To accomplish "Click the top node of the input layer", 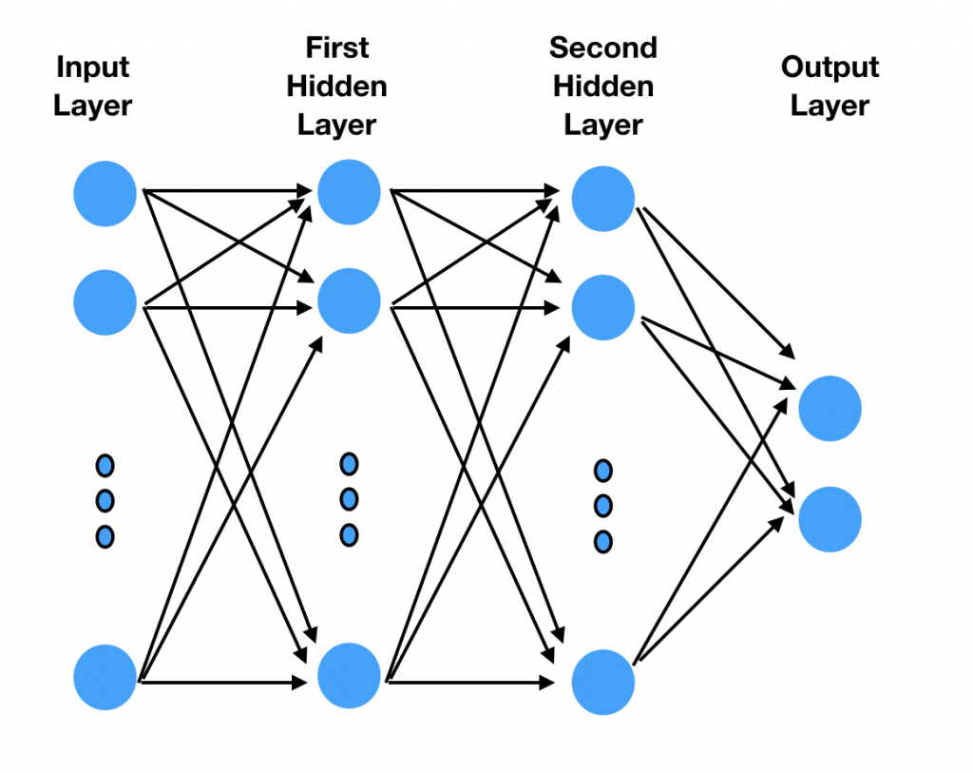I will (x=105, y=194).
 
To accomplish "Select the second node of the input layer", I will (x=105, y=302).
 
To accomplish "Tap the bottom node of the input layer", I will (x=105, y=677).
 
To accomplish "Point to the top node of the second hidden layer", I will (x=602, y=200).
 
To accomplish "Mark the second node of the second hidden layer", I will (x=602, y=307).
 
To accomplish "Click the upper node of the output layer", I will (x=830, y=409).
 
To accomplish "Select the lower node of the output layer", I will (x=830, y=520).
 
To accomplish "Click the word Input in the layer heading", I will (x=93, y=68).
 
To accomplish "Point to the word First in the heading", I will (x=337, y=48).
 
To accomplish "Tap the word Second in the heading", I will (x=603, y=48).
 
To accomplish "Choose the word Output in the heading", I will (x=830, y=68).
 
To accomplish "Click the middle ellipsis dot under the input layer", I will (x=105, y=500).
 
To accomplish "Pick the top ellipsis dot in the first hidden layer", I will (x=349, y=464).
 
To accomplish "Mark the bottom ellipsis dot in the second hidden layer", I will (x=602, y=542).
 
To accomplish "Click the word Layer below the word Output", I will (x=830, y=106).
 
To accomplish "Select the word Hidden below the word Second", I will (x=603, y=87).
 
